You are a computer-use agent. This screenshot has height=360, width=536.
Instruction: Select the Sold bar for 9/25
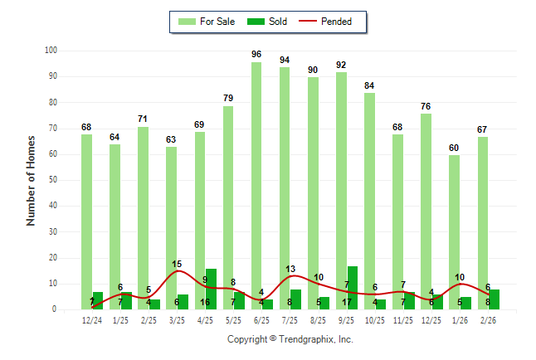click(353, 287)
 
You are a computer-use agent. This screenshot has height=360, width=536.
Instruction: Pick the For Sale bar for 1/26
click(454, 231)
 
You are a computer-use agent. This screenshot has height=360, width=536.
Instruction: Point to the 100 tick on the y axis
click(51, 51)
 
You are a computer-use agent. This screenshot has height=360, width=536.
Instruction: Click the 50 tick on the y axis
click(53, 180)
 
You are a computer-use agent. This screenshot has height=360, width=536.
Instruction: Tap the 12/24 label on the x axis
click(92, 320)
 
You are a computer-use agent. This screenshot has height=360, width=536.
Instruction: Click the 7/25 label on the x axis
click(290, 320)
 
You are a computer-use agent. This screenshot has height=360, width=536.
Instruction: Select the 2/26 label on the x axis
click(488, 320)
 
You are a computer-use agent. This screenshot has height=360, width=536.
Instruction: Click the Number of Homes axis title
click(32, 180)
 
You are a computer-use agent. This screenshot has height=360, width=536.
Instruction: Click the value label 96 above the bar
click(256, 55)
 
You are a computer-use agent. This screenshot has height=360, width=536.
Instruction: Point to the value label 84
click(369, 85)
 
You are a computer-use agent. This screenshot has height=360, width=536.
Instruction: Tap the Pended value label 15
click(177, 265)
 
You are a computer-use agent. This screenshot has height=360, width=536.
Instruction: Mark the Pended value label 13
click(290, 269)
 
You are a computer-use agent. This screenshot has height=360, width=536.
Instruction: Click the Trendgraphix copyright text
click(290, 339)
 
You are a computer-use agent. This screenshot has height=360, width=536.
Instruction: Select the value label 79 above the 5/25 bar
click(228, 99)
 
